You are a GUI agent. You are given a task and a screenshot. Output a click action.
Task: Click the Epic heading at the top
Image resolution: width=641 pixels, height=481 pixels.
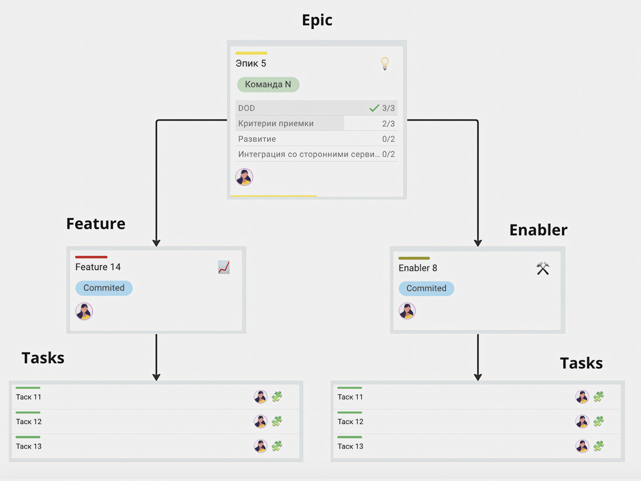pos(317,20)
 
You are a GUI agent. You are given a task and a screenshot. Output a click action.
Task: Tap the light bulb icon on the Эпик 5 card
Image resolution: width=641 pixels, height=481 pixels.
pos(385,63)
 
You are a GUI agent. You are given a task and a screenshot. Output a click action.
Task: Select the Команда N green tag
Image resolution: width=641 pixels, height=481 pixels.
pos(268,85)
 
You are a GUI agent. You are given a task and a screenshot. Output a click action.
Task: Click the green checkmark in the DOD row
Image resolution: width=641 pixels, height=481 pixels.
pos(374,108)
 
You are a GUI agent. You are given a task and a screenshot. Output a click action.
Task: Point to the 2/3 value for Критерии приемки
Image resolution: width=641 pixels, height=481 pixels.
pos(388,124)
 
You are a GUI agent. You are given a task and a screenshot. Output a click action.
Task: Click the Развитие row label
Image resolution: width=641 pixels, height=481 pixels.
pos(257,139)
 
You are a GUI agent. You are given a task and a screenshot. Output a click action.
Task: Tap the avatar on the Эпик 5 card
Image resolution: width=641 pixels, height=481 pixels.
pos(244,177)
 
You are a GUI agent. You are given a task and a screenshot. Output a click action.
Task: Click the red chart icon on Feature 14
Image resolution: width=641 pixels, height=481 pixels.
pos(224,267)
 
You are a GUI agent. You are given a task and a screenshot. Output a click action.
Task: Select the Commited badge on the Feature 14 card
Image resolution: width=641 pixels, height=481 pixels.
pos(104,288)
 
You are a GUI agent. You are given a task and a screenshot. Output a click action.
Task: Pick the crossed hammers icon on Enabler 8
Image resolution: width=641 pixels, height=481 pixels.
pos(543,269)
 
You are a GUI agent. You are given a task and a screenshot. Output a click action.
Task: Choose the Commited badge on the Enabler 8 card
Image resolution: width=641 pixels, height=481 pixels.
pos(426,288)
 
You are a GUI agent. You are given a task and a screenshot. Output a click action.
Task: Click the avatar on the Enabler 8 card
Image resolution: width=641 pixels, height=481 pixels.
pos(407,311)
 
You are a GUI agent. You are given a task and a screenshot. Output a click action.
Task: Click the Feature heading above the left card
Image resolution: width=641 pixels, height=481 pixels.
pos(96,224)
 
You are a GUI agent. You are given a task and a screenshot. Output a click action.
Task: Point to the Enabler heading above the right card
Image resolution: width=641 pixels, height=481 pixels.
pos(538,230)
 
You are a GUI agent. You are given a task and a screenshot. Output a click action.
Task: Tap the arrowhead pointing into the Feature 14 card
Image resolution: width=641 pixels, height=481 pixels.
pos(157,243)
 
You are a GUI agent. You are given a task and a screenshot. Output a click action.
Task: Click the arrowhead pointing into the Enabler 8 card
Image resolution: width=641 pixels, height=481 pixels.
pos(478,243)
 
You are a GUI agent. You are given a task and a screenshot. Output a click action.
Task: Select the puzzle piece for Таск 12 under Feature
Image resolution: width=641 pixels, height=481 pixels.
pos(277,421)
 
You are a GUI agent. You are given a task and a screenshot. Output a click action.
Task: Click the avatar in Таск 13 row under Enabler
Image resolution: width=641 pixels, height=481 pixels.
pos(582,446)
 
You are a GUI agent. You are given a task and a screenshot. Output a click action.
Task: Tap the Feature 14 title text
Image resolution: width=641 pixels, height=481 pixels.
pos(98,267)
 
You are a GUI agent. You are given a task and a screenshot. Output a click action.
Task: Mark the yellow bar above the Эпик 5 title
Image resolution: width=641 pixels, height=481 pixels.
pos(251,53)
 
